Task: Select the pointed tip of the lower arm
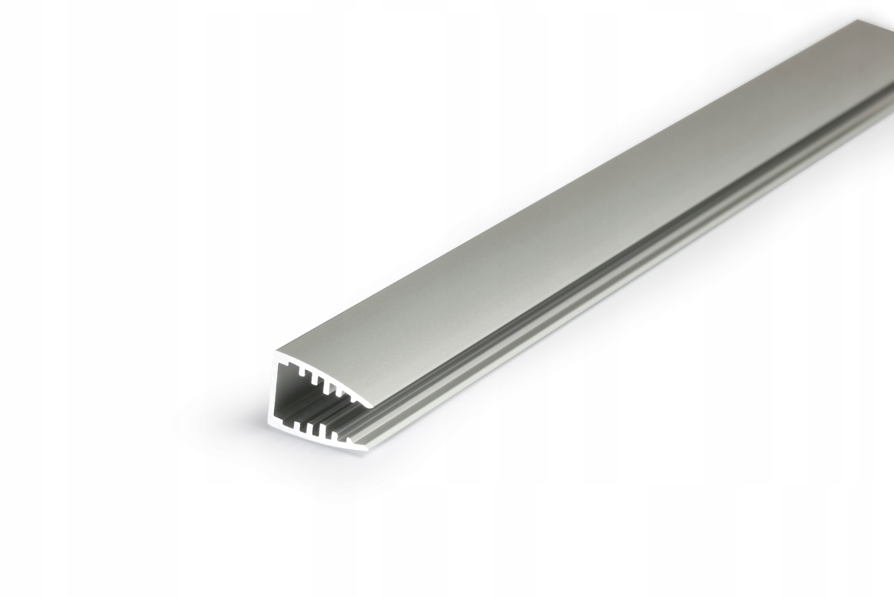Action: tap(367, 450)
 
